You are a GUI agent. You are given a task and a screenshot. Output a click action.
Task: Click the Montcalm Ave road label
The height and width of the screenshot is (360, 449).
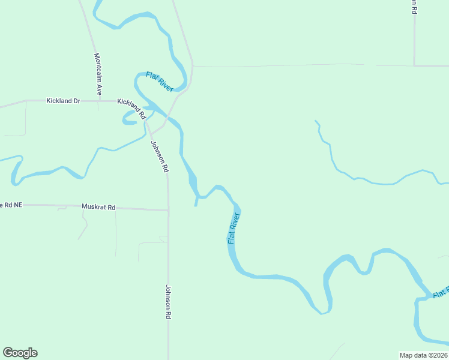98,74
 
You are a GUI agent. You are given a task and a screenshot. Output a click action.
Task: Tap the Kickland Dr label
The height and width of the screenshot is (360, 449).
63,101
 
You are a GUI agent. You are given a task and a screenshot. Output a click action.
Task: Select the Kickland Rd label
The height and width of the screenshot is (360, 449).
132,109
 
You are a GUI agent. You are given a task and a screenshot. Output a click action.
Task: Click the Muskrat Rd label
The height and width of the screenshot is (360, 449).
98,207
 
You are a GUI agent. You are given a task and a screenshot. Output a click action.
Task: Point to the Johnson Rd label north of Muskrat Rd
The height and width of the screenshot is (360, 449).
158,157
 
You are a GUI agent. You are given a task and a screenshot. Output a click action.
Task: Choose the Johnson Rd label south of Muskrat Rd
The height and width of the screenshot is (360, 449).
169,301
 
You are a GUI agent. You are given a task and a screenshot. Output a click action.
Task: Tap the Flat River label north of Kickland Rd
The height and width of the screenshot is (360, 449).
160,82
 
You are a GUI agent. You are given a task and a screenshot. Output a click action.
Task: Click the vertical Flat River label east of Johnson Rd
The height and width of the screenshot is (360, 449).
234,228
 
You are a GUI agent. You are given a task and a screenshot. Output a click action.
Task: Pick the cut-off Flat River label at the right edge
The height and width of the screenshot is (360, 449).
441,293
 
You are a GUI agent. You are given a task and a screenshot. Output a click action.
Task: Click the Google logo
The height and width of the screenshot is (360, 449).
20,353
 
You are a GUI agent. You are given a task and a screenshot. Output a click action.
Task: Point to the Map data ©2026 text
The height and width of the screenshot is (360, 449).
423,355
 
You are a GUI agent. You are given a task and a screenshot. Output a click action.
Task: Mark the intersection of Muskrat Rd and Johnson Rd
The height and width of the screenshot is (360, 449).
168,210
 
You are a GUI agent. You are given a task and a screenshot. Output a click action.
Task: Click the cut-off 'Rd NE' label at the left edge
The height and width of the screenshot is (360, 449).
11,205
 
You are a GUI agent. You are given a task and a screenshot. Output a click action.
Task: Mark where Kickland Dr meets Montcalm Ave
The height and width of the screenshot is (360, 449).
98,101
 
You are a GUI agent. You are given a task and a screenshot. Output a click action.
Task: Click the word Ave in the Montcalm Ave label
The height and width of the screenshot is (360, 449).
99,89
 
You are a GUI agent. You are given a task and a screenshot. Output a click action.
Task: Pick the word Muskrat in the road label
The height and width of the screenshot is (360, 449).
93,207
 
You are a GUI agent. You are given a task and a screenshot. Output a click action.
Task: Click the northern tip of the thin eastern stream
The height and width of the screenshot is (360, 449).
316,121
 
